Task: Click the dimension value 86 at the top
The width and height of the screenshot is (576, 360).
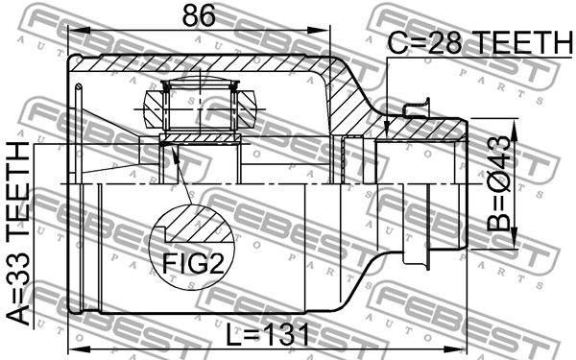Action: [199, 15]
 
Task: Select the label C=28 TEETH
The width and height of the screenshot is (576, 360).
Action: [480, 42]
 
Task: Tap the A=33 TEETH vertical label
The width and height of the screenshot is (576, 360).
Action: [18, 233]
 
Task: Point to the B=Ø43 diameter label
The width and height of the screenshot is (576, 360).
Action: [498, 183]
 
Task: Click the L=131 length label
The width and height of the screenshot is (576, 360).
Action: [268, 335]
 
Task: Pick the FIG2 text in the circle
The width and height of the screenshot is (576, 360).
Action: [193, 263]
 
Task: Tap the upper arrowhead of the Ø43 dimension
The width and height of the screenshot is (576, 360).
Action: [514, 126]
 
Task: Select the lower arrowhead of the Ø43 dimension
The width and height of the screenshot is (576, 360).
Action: [514, 241]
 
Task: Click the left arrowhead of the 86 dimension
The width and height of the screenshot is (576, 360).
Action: [77, 30]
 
